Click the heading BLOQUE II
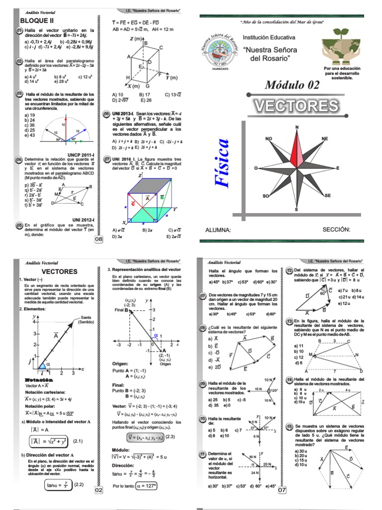pyautogui.click(x=36, y=20)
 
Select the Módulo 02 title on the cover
pyautogui.click(x=292, y=84)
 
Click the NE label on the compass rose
pyautogui.click(x=324, y=138)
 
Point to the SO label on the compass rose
pyautogui.click(x=266, y=196)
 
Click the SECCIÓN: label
pyautogui.click(x=336, y=230)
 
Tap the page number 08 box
pyautogui.click(x=98, y=240)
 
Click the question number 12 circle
pyautogui.click(x=289, y=270)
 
